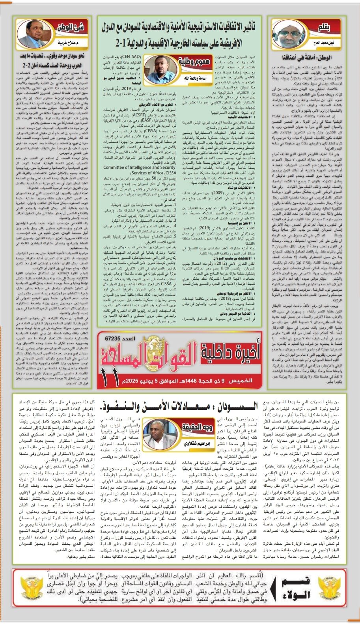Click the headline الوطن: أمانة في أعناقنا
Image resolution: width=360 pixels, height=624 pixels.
(x=312, y=58)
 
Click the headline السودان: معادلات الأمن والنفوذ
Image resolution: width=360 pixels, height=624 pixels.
(x=180, y=405)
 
